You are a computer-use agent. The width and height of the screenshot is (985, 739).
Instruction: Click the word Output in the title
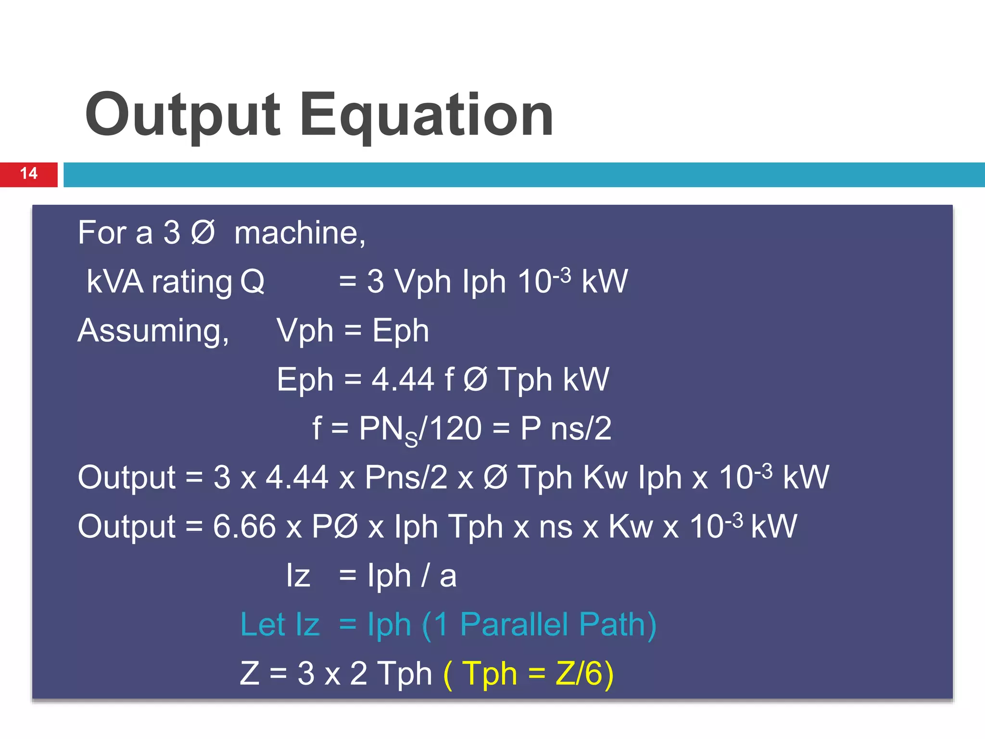coord(182,115)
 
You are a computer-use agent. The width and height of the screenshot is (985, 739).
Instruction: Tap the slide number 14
coord(29,174)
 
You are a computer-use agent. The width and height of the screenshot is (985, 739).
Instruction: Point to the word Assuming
coord(153,331)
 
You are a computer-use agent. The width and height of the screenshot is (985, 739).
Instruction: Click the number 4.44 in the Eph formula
coord(403,380)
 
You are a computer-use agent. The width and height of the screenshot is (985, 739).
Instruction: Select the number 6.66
coord(244,526)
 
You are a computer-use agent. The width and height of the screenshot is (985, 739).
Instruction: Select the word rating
coord(191,282)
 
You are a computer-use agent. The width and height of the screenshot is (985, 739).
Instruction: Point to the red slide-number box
coord(29,174)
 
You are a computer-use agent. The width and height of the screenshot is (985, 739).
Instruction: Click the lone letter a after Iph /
coord(448,576)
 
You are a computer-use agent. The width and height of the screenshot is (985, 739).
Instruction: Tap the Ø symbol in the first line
coord(203,233)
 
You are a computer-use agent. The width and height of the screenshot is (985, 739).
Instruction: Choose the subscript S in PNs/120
coord(411,439)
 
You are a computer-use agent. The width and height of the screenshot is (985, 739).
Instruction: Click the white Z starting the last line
coord(250,673)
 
